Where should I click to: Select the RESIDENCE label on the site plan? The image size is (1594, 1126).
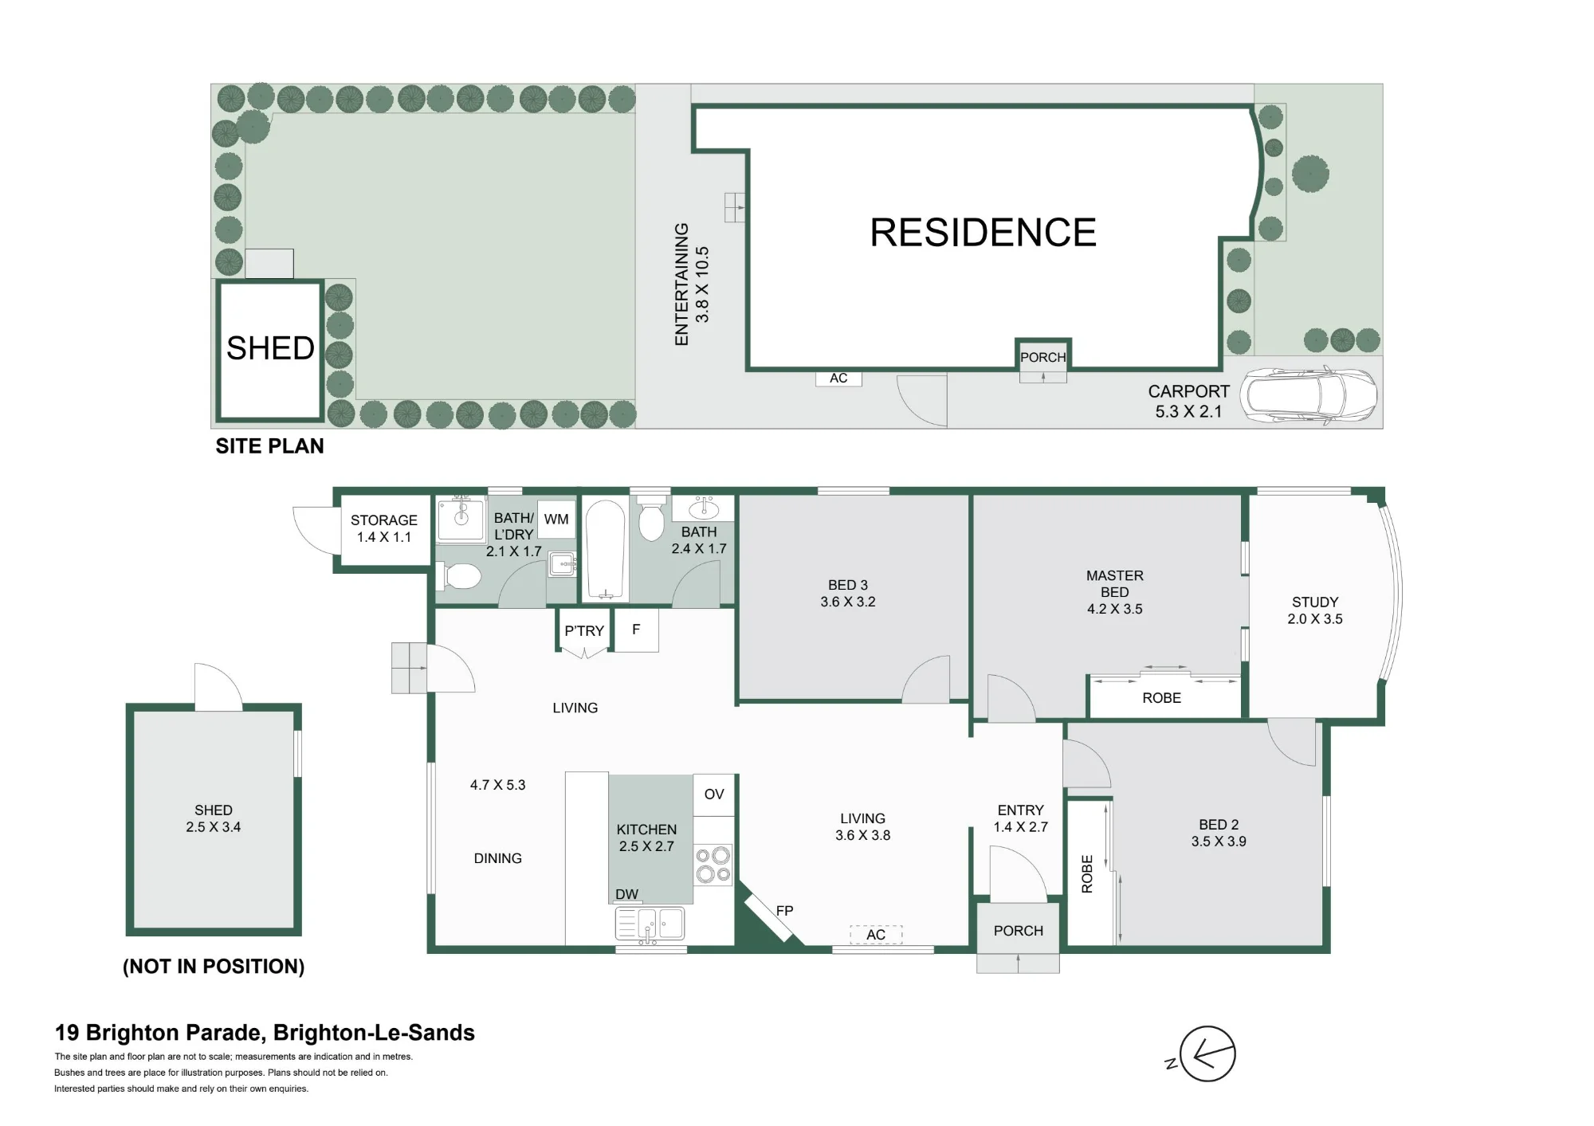983,233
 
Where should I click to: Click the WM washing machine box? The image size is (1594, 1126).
556,520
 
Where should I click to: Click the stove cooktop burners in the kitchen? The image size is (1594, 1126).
713,865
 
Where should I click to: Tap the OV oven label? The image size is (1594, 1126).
714,794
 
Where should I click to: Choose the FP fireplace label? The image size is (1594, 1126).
784,910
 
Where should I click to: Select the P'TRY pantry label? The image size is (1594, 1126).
584,630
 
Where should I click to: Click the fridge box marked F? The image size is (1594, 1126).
636,630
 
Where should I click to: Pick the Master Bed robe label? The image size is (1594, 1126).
1161,698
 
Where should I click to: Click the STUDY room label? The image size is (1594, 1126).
1315,602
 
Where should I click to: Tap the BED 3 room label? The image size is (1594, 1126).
847,585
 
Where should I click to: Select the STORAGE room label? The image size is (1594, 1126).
384,520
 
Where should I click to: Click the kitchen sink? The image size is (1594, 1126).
650,924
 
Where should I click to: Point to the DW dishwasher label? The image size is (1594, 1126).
626,894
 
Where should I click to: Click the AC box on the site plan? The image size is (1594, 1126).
838,379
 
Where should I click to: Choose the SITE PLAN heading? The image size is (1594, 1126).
269,446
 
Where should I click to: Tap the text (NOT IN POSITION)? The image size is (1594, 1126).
214,967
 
